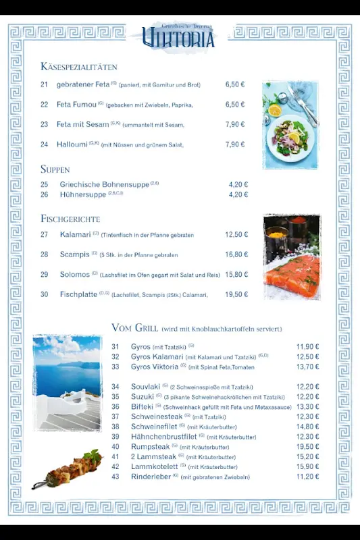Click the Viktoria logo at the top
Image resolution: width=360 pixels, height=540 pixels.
[x=179, y=36]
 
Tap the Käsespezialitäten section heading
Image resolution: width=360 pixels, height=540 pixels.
[x=79, y=67]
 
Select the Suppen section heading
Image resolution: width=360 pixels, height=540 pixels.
[x=55, y=169]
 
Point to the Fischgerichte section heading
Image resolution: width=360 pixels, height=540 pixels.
[x=70, y=219]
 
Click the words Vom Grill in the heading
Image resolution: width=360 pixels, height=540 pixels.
[x=134, y=327]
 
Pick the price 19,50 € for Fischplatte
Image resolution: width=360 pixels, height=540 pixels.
[x=236, y=294]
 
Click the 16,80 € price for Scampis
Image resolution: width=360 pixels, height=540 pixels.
[x=236, y=254]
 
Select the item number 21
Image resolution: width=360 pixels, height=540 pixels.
[x=45, y=84]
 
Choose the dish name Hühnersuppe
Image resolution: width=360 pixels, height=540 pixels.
[x=83, y=194]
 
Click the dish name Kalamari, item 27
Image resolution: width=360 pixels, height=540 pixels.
[x=75, y=234]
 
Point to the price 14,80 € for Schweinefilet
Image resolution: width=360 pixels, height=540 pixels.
[x=307, y=427]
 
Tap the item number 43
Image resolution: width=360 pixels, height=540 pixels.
[x=115, y=477]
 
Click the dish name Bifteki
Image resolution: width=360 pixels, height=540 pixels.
[x=142, y=406]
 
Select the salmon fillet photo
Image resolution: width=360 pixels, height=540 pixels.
[x=292, y=257]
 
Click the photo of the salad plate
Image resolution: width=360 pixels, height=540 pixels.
[x=290, y=126]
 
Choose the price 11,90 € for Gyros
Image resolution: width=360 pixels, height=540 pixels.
[x=307, y=346]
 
